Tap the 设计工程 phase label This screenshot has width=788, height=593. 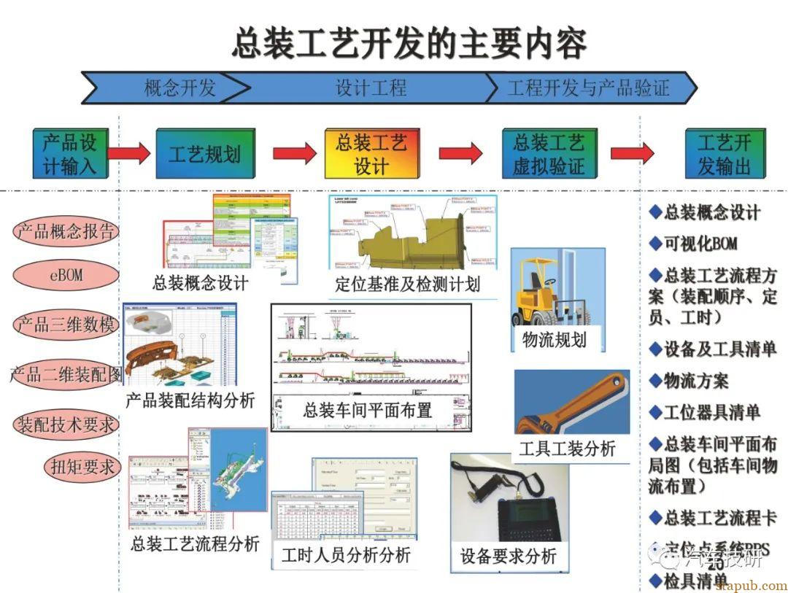tap(371, 88)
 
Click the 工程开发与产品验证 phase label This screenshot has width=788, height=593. tap(588, 88)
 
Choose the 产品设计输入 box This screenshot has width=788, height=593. tap(69, 153)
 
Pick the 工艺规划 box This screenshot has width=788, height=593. tap(205, 154)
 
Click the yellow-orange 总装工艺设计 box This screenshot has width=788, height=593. tap(371, 153)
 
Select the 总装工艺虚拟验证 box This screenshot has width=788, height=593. tap(549, 153)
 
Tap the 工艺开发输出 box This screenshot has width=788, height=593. tap(724, 153)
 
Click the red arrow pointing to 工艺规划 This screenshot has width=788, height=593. tap(131, 153)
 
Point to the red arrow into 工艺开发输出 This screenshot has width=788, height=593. tap(632, 153)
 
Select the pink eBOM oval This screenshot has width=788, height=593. tap(65, 276)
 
